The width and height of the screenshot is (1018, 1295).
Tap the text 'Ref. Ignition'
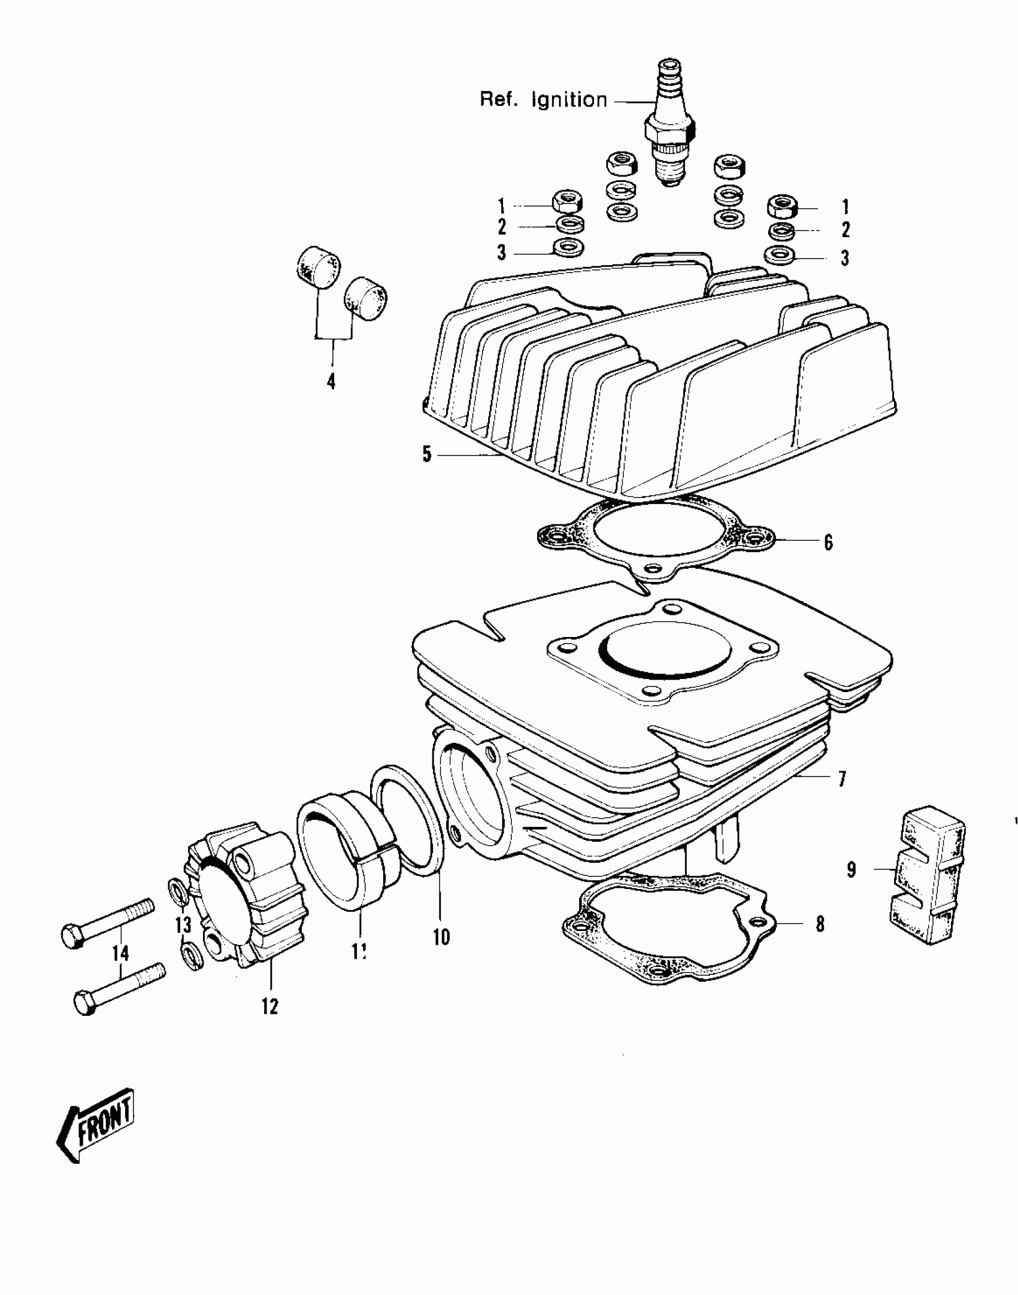(543, 99)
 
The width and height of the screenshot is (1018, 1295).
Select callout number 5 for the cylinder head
(426, 454)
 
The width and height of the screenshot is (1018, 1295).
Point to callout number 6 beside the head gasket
(828, 542)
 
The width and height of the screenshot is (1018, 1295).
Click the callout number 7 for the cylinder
(841, 779)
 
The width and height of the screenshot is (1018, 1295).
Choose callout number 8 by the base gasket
(820, 924)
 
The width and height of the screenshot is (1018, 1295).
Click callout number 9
(852, 869)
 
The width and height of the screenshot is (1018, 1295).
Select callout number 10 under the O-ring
(441, 936)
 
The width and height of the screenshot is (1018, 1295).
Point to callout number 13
(183, 925)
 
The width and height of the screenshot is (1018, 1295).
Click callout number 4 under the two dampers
(331, 380)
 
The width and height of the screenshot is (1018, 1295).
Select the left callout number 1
(501, 207)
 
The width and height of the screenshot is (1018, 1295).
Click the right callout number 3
(844, 258)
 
